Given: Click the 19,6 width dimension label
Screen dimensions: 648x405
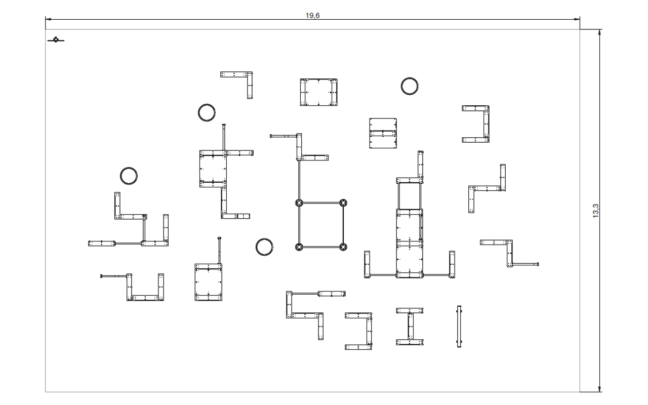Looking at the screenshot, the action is click(313, 15).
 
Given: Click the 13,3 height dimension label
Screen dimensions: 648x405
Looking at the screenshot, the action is click(596, 211).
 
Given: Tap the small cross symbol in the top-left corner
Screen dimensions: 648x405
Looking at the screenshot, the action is click(56, 40).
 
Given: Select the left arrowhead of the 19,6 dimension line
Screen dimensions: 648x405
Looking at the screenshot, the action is click(48, 19).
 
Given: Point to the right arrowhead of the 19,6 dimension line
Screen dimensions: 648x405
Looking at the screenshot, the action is click(577, 19).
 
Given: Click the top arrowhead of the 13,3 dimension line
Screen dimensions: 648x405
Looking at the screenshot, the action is click(599, 32).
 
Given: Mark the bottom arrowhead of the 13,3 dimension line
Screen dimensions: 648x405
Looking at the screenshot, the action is click(599, 389).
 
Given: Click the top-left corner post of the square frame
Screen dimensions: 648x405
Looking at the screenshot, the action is click(299, 203).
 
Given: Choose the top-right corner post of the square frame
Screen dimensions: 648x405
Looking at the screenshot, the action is click(343, 203).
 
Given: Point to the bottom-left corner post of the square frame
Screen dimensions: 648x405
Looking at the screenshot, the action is click(299, 247).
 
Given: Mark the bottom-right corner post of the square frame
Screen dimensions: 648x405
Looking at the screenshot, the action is click(343, 247).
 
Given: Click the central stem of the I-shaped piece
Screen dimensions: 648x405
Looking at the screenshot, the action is click(411, 327).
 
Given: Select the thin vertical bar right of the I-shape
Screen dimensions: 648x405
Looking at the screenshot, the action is click(459, 327).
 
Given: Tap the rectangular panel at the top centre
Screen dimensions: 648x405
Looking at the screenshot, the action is click(318, 92).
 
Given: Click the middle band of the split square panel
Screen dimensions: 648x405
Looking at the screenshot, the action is click(383, 133).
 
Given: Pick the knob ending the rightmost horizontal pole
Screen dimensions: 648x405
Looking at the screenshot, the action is click(538, 264).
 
